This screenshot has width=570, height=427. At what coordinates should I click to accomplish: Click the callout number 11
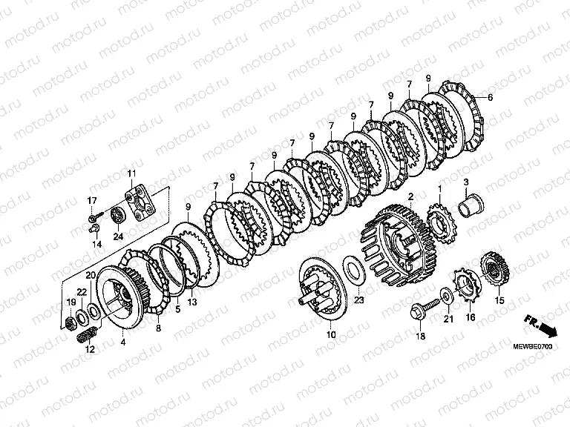point(131,173)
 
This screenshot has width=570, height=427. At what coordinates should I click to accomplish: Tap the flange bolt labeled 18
point(425,308)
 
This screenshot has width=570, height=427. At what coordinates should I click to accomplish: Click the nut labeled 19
point(70,322)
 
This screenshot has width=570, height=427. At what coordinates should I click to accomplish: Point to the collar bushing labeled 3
point(471,206)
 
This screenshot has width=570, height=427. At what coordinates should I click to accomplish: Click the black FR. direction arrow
point(541,325)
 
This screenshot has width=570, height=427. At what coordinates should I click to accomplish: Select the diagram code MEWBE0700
point(533,347)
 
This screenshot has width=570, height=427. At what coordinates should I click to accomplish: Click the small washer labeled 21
point(445,295)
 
